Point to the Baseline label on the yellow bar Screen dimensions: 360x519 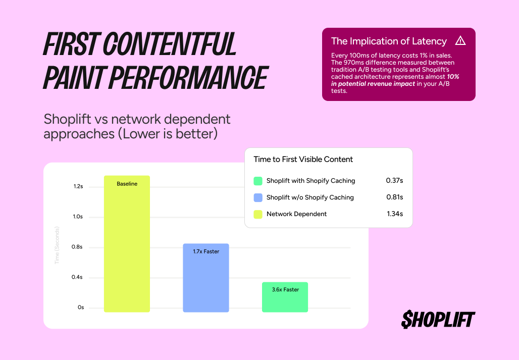(127, 184)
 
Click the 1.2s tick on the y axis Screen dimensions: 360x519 (78, 186)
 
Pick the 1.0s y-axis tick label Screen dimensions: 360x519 (78, 217)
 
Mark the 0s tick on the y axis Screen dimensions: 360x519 (81, 307)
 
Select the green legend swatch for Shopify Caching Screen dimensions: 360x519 (258, 181)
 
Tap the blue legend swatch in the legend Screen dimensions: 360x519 (258, 197)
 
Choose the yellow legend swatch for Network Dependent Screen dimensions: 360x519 (258, 214)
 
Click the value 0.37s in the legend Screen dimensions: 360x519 (394, 181)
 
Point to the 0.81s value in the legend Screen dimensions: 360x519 (394, 197)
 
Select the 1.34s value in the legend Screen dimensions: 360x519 (394, 214)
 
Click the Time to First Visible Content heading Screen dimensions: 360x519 (303, 159)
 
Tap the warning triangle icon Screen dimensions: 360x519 (460, 41)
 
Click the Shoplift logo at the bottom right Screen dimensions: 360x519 (438, 319)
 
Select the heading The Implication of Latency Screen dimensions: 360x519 (389, 41)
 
